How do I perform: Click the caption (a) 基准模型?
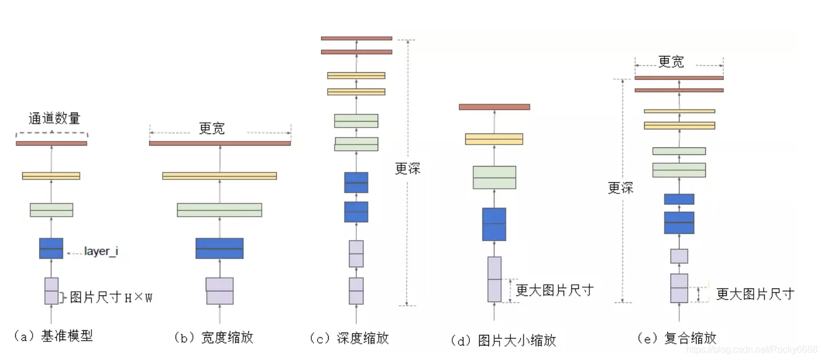coord(54,336)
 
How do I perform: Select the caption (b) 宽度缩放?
coord(214,337)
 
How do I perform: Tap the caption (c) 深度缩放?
coord(350,338)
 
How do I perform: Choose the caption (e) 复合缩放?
coord(677,338)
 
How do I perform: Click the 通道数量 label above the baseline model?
coord(54,119)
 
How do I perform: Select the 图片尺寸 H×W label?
coord(111,298)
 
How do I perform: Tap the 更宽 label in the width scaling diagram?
coord(212,129)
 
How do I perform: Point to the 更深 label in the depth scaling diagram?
coord(407,169)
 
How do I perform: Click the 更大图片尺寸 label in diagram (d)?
coord(554,290)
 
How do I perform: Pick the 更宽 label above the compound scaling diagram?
coord(671,62)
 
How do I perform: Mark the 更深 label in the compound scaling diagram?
coord(620,188)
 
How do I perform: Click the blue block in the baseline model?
coord(51,248)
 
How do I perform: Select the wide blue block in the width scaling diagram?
coord(219,248)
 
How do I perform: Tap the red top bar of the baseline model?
coord(51,143)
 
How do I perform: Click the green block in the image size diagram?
coord(494,178)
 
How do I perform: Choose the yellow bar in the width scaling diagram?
coord(219,176)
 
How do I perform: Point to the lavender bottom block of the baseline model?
coord(51,291)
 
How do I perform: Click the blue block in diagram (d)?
coord(494,224)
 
